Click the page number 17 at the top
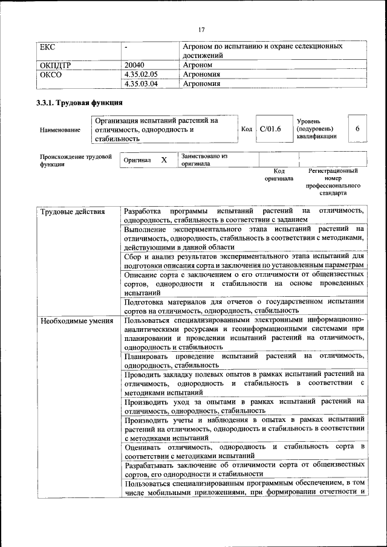(x=201, y=30)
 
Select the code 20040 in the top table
(x=135, y=64)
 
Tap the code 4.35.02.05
(x=140, y=74)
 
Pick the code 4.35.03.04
(x=140, y=84)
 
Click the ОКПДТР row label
(x=56, y=64)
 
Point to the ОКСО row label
(x=50, y=74)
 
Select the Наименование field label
(x=59, y=130)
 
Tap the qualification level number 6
(x=357, y=129)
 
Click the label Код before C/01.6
(x=247, y=129)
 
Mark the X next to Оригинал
(x=163, y=160)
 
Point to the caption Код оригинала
(x=279, y=175)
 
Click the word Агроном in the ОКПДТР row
(x=198, y=64)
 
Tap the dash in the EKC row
(x=126, y=47)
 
